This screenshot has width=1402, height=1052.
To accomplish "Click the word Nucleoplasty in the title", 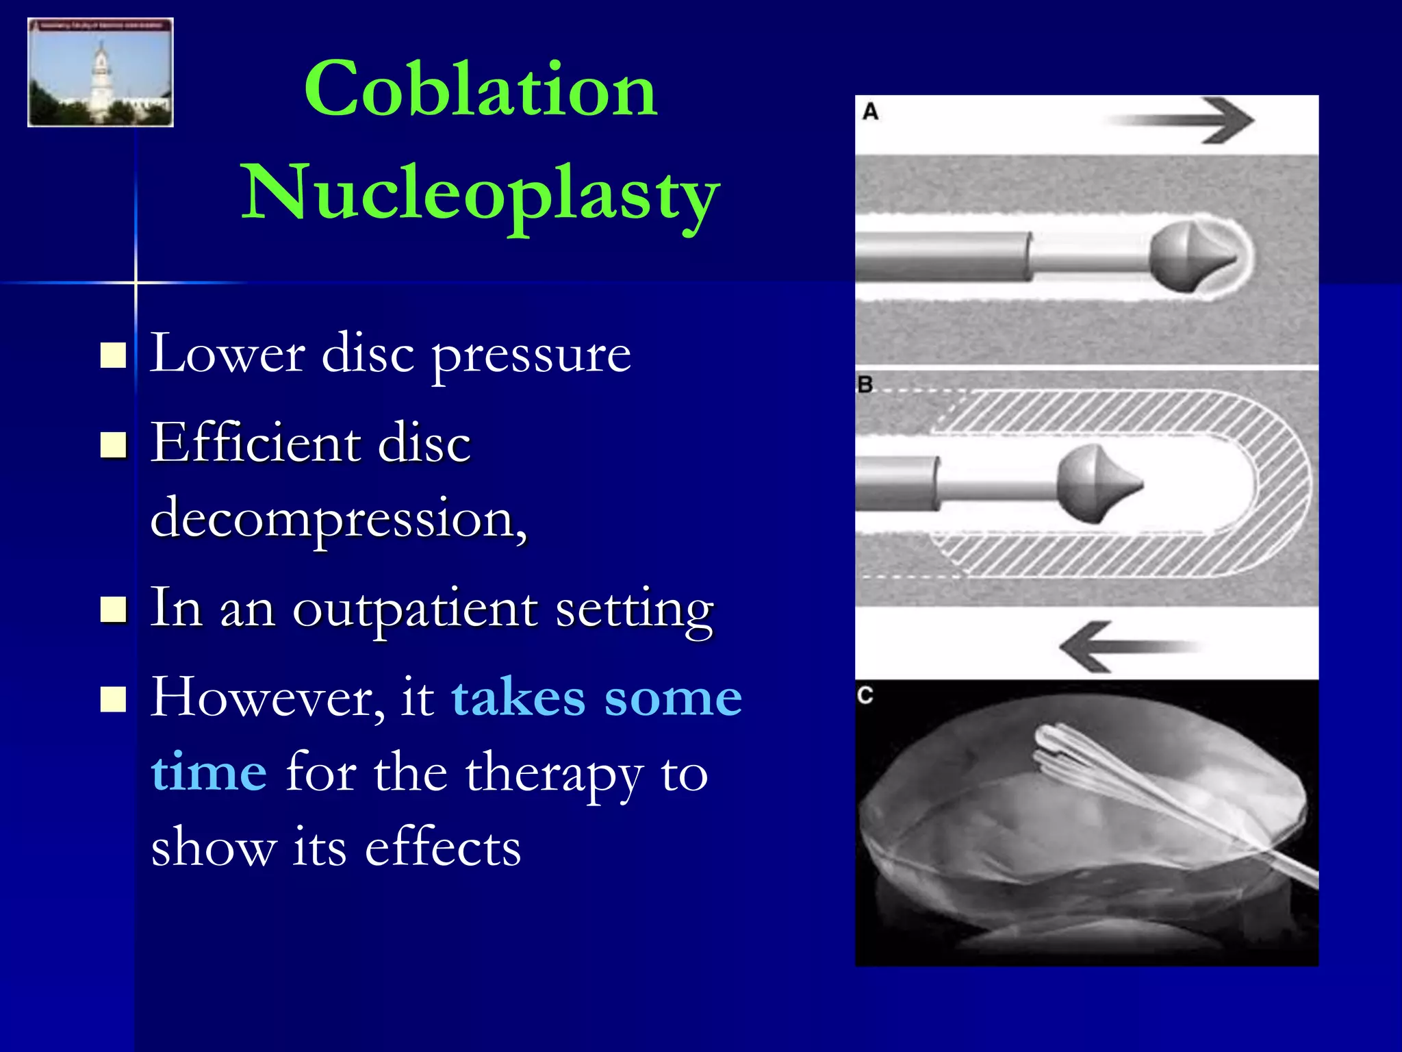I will coord(481,194).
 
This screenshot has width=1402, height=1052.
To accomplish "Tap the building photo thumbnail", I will coord(101,73).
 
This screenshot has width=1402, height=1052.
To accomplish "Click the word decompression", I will coord(338,518).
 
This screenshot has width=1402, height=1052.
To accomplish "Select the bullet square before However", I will coord(113,699).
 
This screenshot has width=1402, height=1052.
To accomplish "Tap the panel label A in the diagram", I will coord(870,112).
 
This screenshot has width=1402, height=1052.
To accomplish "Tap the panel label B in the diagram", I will coord(865,385).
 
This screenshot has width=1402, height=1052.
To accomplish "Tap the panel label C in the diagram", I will coord(865,696).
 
